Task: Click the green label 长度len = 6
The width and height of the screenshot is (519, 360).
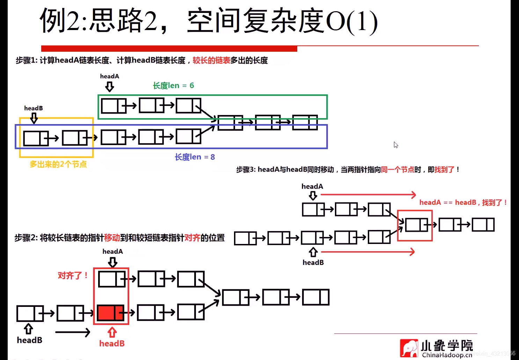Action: [x=173, y=86]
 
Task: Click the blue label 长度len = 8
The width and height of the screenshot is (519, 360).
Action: [x=195, y=157]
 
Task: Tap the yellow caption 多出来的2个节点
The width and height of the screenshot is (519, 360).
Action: [x=58, y=164]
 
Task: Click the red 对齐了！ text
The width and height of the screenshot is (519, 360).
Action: [x=73, y=276]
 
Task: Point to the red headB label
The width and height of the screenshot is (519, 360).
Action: [x=112, y=344]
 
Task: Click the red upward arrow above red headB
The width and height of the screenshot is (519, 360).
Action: [x=112, y=332]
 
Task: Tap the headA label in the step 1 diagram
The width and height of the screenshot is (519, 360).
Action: [x=109, y=76]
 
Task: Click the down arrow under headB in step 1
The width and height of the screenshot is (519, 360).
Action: [x=34, y=118]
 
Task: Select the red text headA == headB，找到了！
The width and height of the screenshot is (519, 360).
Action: [x=463, y=202]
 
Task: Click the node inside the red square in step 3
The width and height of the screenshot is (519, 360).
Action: [x=416, y=225]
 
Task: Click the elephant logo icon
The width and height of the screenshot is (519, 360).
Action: [x=409, y=348]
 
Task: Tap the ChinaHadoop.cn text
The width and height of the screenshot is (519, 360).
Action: [x=447, y=355]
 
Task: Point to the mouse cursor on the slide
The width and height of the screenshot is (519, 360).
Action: [x=395, y=145]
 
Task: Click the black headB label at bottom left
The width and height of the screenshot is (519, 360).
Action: [x=30, y=340]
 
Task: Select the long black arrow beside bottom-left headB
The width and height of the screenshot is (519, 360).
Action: [x=73, y=332]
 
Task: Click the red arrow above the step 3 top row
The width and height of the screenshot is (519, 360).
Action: [x=368, y=195]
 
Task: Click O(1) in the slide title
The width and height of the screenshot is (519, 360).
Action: [x=351, y=22]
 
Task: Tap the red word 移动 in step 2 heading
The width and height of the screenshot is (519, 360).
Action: [x=112, y=238]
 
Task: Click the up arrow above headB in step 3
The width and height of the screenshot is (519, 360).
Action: [x=313, y=252]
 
